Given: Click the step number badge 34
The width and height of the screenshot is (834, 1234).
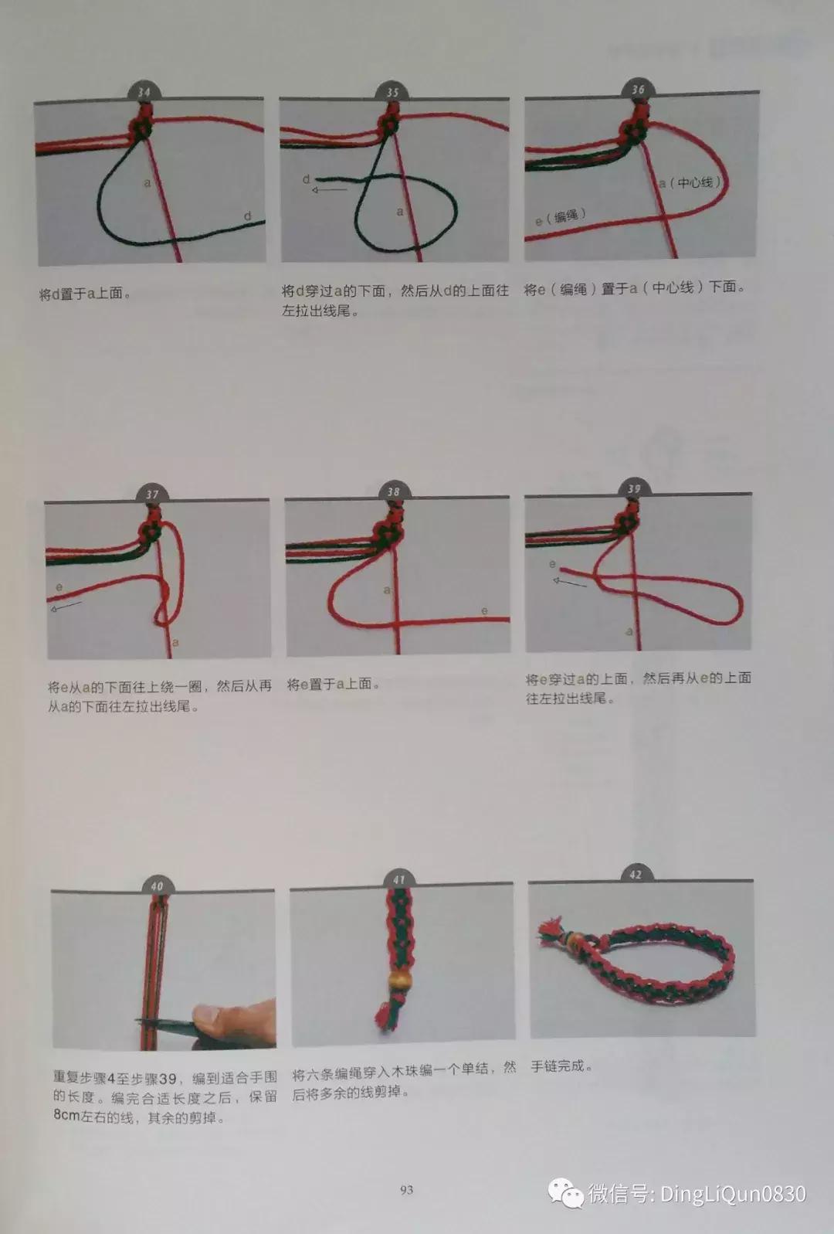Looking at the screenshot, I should pos(144,91).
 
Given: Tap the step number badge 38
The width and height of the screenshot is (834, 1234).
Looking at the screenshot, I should pos(394,491).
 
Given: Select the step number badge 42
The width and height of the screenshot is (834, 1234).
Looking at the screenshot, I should pos(635,874).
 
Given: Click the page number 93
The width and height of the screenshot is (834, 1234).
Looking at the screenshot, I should pos(406,1190).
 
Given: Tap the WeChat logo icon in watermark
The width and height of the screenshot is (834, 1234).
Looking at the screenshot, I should pos(566,1194).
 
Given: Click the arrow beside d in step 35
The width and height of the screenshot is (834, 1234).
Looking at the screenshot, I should pos(329,189).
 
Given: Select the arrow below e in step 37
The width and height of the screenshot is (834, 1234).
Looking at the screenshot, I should pos(66,607).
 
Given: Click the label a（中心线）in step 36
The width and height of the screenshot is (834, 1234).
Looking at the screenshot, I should pos(690,182).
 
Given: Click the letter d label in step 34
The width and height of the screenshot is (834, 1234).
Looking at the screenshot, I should pos(248,216).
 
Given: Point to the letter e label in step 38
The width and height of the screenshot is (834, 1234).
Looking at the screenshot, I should pos(484,610).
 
